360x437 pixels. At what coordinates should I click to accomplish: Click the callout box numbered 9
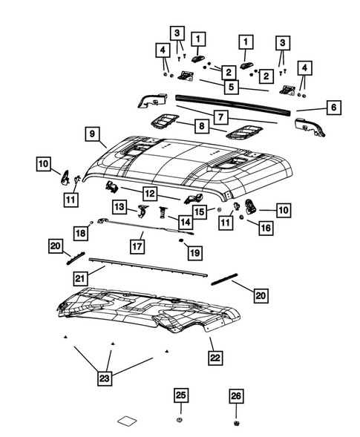coord(94,134)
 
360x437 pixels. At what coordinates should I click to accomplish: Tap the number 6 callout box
coord(333,108)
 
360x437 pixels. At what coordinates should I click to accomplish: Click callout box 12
coord(150,193)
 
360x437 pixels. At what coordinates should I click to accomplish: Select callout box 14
coord(184,220)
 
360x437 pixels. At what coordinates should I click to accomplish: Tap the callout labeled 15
coord(200,211)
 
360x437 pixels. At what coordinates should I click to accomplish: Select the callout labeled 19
coord(194,254)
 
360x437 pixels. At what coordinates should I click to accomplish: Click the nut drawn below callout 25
coord(180,423)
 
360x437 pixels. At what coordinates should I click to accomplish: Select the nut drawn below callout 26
coord(236,424)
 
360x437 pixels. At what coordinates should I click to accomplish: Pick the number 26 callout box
coord(235,397)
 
